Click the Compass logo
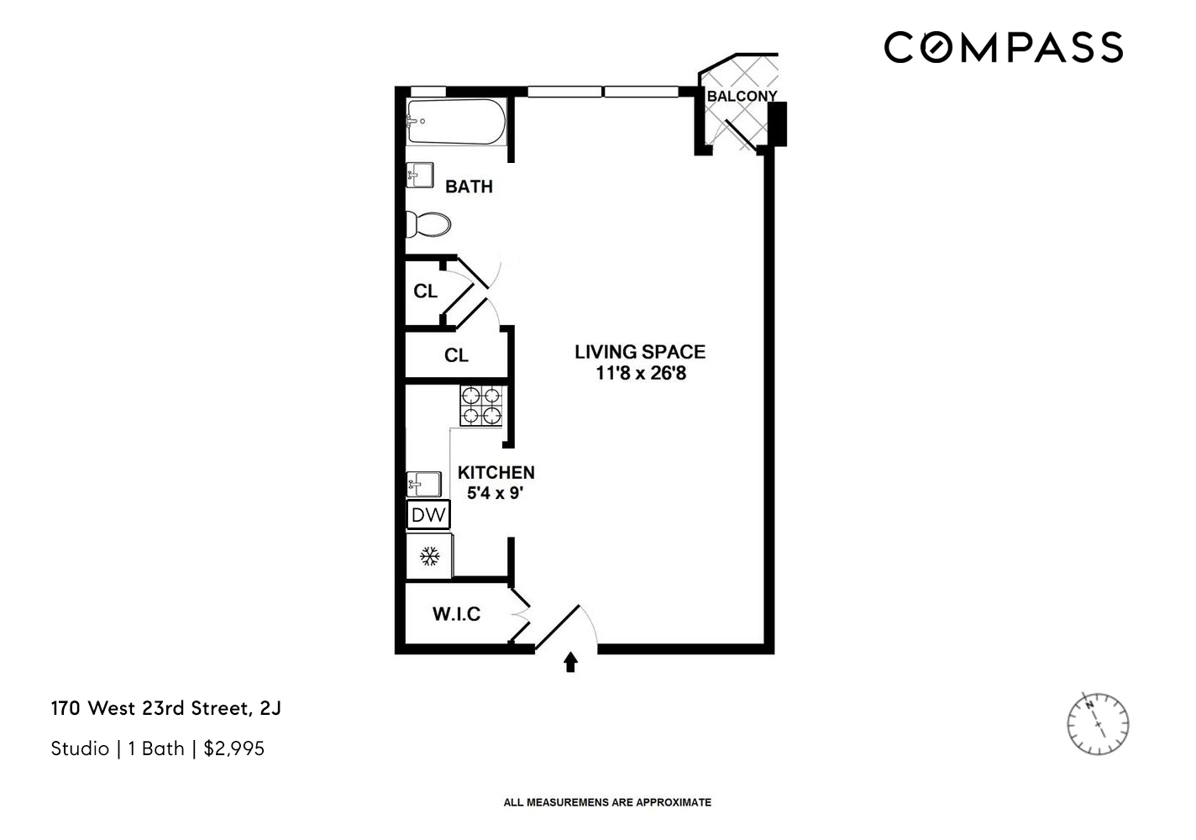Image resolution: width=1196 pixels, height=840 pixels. tap(1003, 47)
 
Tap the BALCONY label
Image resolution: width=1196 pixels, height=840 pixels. tap(741, 96)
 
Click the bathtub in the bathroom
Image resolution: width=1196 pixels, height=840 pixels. tap(455, 123)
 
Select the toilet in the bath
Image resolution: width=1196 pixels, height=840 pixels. tap(428, 224)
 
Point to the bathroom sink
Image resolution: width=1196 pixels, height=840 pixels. tap(419, 175)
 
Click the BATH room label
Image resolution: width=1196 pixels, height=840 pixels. tap(469, 186)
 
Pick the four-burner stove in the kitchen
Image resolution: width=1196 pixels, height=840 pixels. tap(480, 405)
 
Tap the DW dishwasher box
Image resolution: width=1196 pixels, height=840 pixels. tap(428, 514)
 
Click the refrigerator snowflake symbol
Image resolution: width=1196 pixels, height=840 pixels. tap(429, 555)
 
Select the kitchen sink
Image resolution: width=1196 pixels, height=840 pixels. tap(423, 484)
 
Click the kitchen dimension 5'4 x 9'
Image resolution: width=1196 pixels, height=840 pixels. tap(496, 493)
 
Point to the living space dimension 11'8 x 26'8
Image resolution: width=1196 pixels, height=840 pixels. tap(640, 373)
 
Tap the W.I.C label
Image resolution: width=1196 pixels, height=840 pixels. tap(456, 614)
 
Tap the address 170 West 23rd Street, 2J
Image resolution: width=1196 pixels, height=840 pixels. tap(165, 708)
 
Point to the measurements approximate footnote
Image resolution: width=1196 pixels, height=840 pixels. tap(606, 802)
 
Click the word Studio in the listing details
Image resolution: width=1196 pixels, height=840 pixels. tap(80, 748)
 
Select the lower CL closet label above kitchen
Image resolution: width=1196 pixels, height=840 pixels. tap(455, 355)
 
